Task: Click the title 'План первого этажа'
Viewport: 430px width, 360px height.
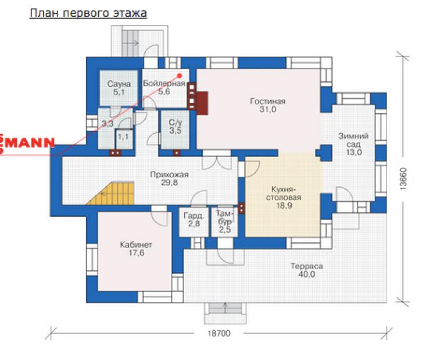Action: point(88,13)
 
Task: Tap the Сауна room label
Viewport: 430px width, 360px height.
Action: point(119,84)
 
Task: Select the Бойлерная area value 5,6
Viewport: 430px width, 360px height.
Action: point(164,92)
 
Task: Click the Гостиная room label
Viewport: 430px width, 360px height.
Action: point(268,101)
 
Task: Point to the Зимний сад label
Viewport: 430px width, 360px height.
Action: point(353,140)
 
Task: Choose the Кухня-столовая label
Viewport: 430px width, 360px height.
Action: point(284,193)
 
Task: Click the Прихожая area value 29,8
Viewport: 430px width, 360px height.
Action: point(169,183)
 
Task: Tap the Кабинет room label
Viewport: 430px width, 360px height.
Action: point(136,244)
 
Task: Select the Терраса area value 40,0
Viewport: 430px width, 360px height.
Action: point(307,274)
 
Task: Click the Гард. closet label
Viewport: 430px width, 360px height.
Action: point(194,216)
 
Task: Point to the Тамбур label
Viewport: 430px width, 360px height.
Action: point(225,218)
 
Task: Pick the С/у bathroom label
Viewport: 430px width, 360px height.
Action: point(175,122)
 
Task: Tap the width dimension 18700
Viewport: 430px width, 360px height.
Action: point(219,333)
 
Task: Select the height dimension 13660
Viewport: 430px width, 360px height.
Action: point(403,179)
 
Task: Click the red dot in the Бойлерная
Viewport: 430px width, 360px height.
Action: point(180,75)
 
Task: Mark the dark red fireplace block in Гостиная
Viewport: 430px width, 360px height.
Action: point(202,103)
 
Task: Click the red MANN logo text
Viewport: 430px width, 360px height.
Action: point(27,143)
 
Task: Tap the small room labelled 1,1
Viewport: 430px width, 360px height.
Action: point(123,136)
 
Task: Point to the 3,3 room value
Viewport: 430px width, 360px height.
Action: point(107,124)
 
